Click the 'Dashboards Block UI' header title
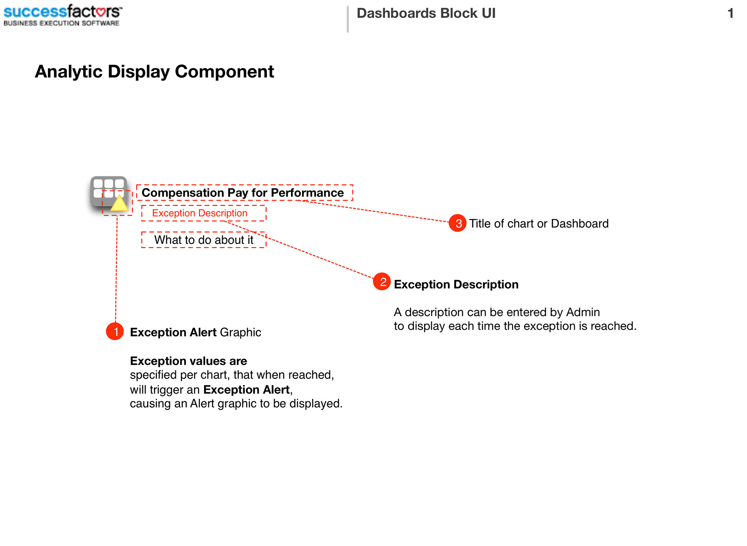click(426, 13)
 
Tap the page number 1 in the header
click(730, 13)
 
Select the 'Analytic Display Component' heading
click(154, 72)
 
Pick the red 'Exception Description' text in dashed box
click(200, 213)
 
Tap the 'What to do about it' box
click(203, 240)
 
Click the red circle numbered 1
click(115, 331)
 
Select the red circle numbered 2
click(382, 282)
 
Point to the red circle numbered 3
click(458, 223)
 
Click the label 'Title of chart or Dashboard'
click(539, 224)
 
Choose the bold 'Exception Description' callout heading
click(456, 284)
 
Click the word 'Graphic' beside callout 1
click(240, 332)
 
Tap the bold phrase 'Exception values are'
click(188, 361)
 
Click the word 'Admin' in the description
click(583, 312)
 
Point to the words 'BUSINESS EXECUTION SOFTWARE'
click(61, 23)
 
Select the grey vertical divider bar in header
click(348, 19)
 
